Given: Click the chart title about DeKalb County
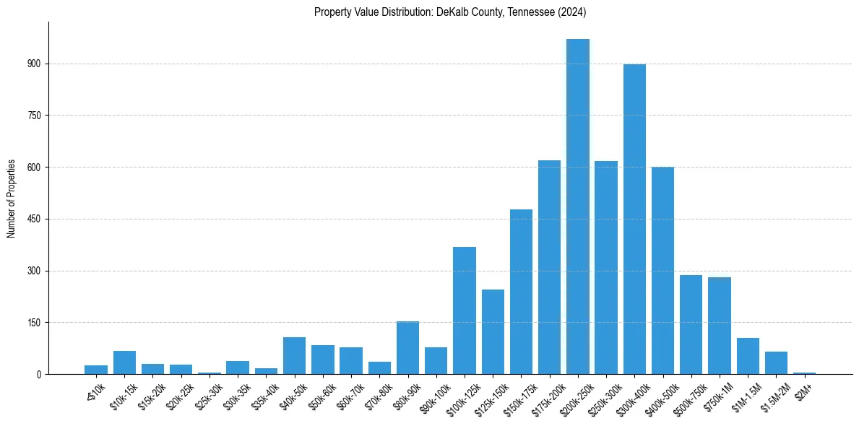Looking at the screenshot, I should click(x=449, y=12).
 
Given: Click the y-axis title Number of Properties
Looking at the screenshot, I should click(x=12, y=199).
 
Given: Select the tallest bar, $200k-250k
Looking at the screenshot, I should click(x=578, y=207).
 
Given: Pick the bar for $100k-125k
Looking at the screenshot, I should click(x=465, y=310).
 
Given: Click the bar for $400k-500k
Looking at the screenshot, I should click(x=662, y=271).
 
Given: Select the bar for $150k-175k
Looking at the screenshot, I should click(x=521, y=292).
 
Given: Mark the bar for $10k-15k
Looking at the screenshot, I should click(x=125, y=362).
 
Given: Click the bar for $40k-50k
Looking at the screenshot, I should click(x=295, y=356).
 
